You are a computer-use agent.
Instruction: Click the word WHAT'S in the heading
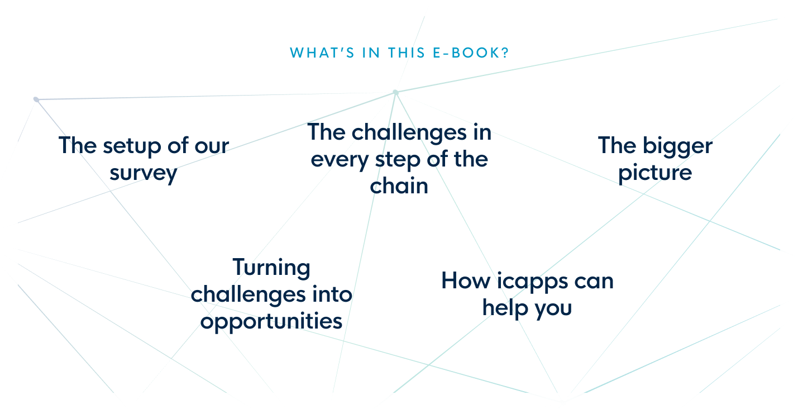(322, 53)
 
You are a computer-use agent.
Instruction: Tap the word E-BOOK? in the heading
(471, 53)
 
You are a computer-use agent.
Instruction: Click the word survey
(143, 174)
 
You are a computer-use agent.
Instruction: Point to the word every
(340, 160)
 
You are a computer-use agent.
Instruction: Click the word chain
(399, 186)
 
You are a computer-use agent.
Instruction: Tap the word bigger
(677, 146)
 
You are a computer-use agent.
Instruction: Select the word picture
(655, 174)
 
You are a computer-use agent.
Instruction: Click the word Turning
(271, 268)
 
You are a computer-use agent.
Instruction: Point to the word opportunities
(271, 322)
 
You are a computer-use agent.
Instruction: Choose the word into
(332, 294)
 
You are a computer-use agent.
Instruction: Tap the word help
(505, 308)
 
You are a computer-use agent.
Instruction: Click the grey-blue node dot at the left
(36, 99)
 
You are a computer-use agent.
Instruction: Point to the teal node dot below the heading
(395, 92)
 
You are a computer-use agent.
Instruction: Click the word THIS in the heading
(407, 53)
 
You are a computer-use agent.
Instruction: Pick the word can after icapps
(594, 282)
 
